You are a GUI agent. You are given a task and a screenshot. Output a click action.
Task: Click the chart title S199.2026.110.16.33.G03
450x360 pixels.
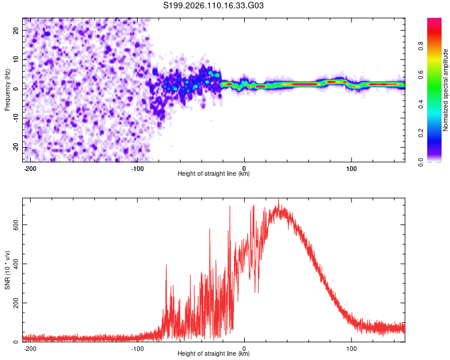click(x=214, y=6)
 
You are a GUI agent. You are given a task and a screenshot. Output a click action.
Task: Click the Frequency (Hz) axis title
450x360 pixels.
click(x=7, y=88)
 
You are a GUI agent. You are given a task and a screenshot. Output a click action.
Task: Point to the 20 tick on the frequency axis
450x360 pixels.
click(x=16, y=29)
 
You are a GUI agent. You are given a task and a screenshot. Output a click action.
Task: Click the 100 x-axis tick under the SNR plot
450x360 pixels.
click(x=351, y=348)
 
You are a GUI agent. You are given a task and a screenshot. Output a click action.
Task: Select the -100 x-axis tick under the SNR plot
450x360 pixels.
click(x=137, y=348)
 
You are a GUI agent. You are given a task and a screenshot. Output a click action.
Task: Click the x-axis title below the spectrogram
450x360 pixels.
click(x=214, y=174)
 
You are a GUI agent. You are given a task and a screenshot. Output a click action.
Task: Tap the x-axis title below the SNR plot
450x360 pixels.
click(x=214, y=354)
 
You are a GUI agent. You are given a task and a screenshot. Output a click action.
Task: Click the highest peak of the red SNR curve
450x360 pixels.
click(x=278, y=200)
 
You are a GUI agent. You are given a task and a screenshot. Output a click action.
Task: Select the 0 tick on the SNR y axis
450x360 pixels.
click(x=17, y=342)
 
